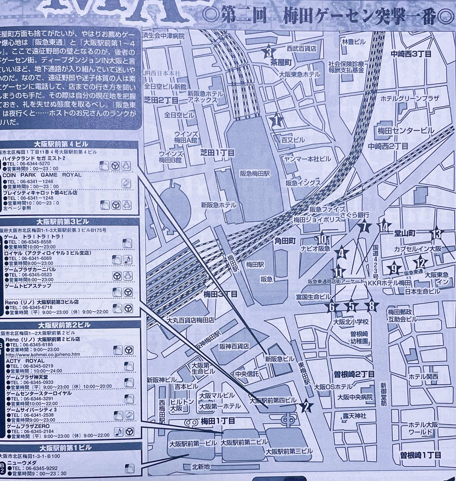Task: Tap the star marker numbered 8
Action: click(x=372, y=307)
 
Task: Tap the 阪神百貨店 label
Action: click(x=234, y=346)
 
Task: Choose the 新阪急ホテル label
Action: click(x=219, y=204)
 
